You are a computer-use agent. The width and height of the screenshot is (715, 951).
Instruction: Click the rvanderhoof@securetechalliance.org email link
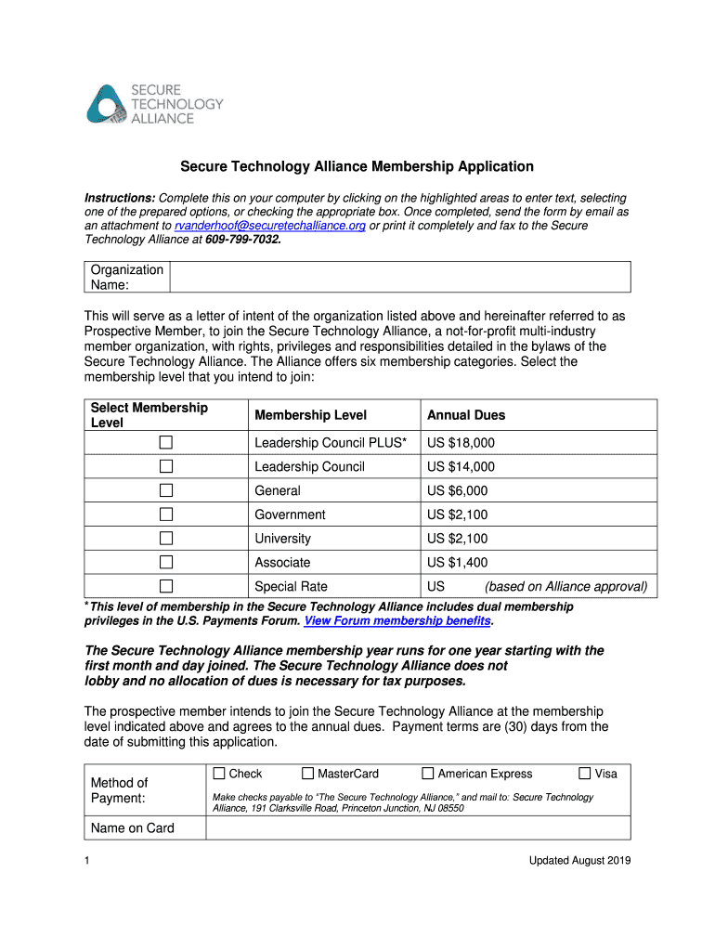(269, 226)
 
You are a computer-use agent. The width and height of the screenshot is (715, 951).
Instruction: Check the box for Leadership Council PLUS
(166, 443)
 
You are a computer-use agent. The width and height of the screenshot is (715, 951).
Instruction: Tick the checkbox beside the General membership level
(166, 490)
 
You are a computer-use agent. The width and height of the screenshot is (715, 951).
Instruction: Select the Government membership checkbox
(166, 515)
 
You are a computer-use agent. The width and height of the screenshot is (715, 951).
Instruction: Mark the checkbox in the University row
(166, 539)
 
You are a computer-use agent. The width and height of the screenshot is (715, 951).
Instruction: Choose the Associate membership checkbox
(166, 562)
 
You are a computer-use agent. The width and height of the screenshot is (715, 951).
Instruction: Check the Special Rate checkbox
(166, 586)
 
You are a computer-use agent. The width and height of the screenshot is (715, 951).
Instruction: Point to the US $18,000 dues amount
(461, 443)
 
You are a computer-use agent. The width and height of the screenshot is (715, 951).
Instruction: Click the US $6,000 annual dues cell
(457, 490)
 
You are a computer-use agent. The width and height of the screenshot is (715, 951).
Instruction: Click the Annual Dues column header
(466, 415)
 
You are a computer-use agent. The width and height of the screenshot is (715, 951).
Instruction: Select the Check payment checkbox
(219, 774)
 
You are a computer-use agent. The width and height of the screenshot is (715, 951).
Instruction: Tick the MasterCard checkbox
(308, 774)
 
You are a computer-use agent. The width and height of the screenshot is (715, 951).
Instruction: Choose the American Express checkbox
(428, 774)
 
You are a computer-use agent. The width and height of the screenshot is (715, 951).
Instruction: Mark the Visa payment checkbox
(585, 774)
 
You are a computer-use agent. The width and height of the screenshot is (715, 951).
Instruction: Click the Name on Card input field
(418, 828)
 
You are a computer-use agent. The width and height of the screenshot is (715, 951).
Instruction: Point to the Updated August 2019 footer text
(579, 861)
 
